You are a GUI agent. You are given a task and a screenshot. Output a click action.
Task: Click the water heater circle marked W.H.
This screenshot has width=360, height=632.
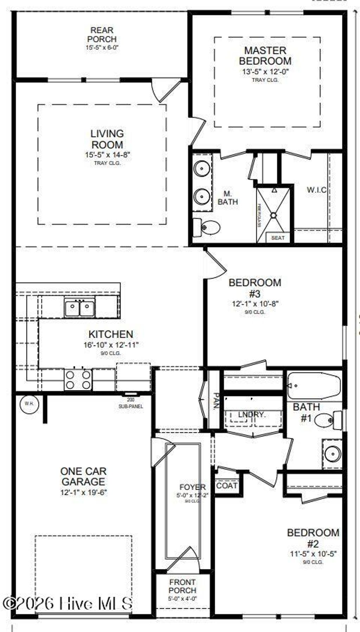(29, 403)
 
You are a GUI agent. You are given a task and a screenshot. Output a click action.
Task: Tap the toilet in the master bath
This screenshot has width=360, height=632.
(208, 227)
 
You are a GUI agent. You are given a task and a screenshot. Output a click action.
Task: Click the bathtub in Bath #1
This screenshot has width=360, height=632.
(314, 385)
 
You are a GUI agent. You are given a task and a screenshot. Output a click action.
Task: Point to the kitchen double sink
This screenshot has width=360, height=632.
(79, 308)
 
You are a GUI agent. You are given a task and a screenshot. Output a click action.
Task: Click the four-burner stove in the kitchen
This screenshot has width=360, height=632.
(78, 380)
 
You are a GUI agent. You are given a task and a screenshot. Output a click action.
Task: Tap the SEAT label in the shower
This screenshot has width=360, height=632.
(278, 238)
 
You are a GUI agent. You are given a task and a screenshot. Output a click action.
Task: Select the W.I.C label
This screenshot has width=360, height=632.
(316, 190)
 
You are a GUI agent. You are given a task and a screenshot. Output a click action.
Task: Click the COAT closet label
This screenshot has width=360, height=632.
(227, 486)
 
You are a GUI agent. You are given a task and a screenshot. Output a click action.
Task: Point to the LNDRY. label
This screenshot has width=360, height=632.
(252, 414)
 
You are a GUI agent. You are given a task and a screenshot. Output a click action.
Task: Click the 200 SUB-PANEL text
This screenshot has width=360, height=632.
(131, 403)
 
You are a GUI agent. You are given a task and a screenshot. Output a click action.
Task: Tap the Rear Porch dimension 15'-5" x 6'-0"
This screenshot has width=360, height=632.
(102, 47)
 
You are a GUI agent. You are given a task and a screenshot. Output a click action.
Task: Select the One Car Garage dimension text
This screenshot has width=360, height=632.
(84, 492)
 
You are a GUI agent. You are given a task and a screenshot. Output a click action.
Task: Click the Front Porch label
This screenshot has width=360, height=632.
(182, 586)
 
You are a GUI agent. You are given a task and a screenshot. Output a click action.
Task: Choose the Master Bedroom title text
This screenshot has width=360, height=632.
(265, 56)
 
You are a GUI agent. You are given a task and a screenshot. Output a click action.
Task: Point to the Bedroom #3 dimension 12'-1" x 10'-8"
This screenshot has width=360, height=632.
(255, 304)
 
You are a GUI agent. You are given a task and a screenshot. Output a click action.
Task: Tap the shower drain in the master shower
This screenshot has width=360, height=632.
(273, 215)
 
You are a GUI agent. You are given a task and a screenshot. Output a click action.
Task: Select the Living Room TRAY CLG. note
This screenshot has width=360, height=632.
(107, 163)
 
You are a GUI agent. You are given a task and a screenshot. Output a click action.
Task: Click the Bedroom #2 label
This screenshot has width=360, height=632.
(313, 538)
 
